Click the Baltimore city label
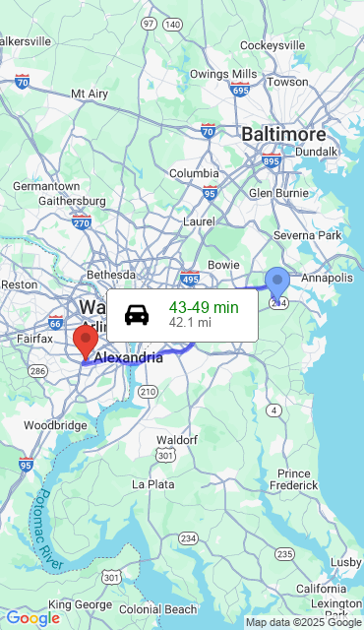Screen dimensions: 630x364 click(283, 134)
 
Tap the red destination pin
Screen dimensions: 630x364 click(86, 343)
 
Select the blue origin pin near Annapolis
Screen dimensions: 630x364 click(278, 283)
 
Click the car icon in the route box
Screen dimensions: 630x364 click(137, 315)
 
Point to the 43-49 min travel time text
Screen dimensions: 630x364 click(204, 307)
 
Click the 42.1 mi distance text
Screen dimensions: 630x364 click(190, 322)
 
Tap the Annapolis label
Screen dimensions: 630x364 click(327, 279)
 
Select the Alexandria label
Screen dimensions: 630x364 click(128, 357)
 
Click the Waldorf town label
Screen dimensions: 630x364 click(178, 439)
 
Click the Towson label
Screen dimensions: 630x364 click(287, 83)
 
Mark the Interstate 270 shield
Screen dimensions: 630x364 click(82, 222)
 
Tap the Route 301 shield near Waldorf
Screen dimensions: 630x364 click(165, 456)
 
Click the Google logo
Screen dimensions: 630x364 click(32, 618)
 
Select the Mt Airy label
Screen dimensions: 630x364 click(90, 94)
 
